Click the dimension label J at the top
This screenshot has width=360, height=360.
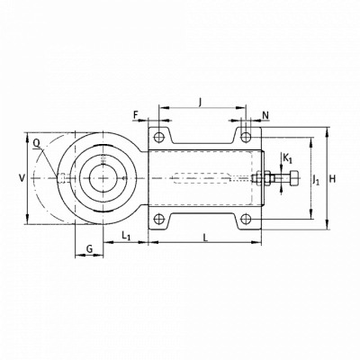(x=201, y=103)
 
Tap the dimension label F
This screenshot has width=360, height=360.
(x=136, y=114)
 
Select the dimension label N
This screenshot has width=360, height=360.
(x=265, y=115)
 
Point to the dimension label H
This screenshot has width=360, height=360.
(x=332, y=179)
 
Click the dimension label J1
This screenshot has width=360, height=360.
(x=316, y=180)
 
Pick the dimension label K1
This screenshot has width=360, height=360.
(x=287, y=158)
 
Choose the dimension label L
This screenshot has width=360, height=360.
(x=205, y=238)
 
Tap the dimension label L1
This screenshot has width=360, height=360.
(x=126, y=236)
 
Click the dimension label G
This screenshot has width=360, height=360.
(x=89, y=248)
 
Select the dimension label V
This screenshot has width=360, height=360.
(x=22, y=178)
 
